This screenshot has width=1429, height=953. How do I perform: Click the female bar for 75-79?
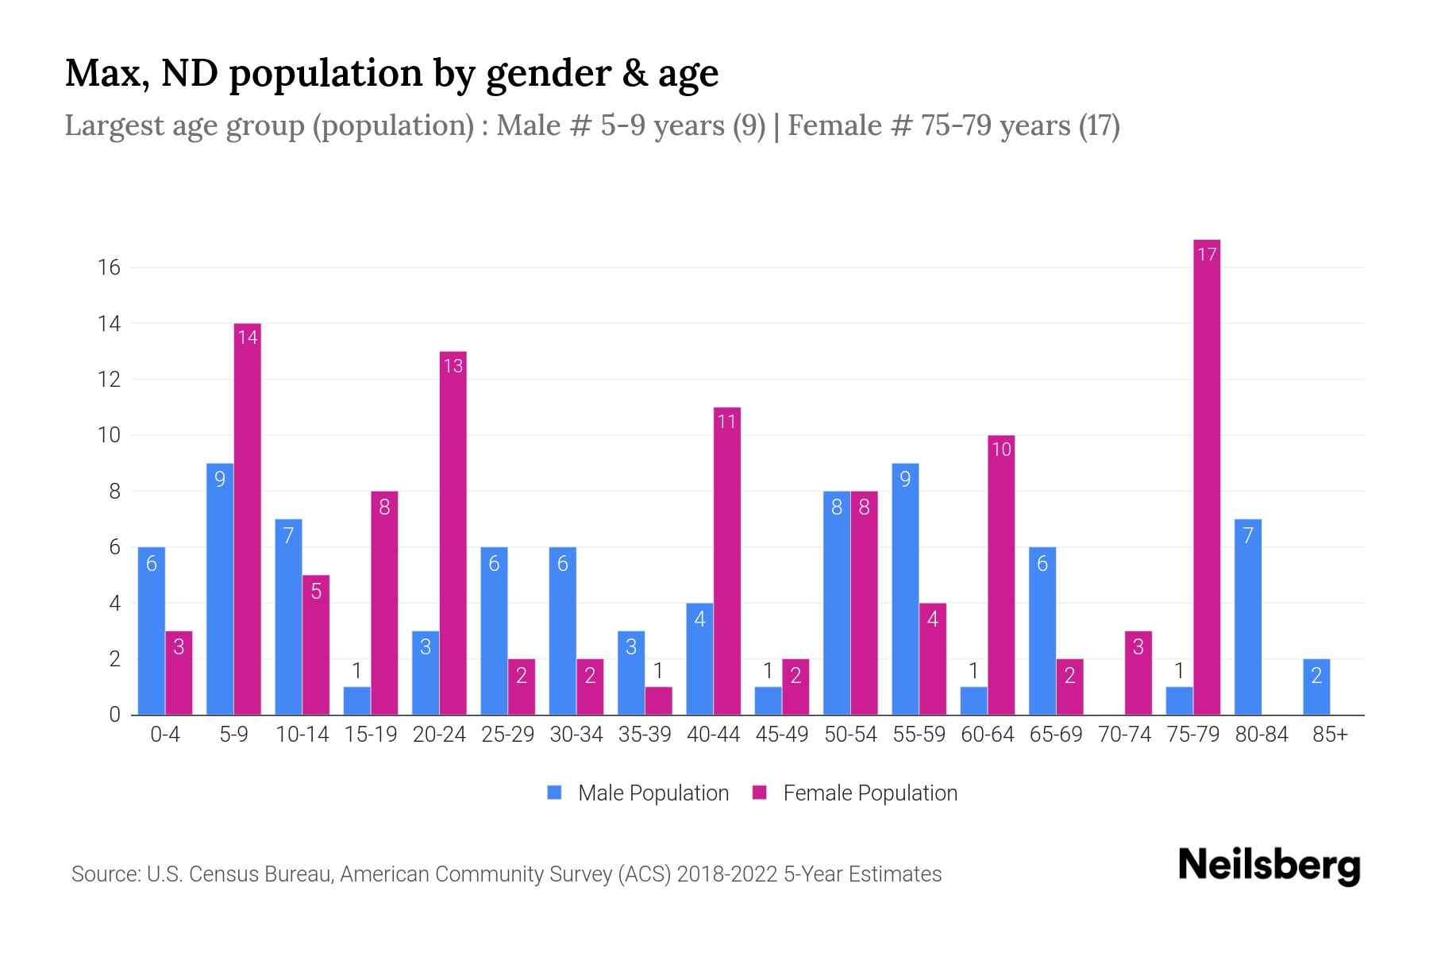1207,476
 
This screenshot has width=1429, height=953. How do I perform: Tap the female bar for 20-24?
453,533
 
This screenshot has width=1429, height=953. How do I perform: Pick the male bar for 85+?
1316,687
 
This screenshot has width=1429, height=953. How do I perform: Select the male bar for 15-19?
357,700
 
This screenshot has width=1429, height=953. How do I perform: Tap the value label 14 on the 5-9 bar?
248,338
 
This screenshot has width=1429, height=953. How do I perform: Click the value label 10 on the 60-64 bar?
1001,449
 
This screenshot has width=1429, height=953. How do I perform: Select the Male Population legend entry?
638,793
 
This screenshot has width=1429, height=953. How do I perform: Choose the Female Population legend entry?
856,793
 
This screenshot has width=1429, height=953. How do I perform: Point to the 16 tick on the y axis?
109,268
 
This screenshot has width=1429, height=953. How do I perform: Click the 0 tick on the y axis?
114,715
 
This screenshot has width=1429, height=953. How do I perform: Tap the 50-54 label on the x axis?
850,735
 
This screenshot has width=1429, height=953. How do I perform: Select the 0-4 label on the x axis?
165,735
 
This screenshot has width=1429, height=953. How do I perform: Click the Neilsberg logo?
1269,866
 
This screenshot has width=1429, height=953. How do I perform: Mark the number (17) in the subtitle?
1099,125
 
